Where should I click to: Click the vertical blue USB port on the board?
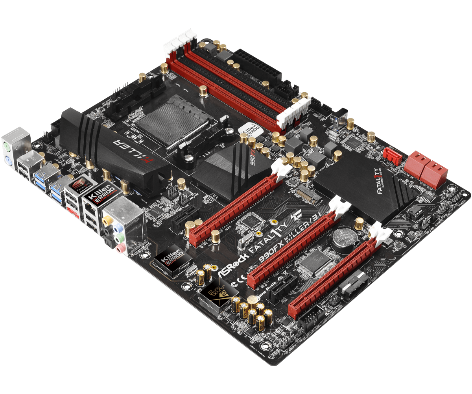[339, 123]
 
